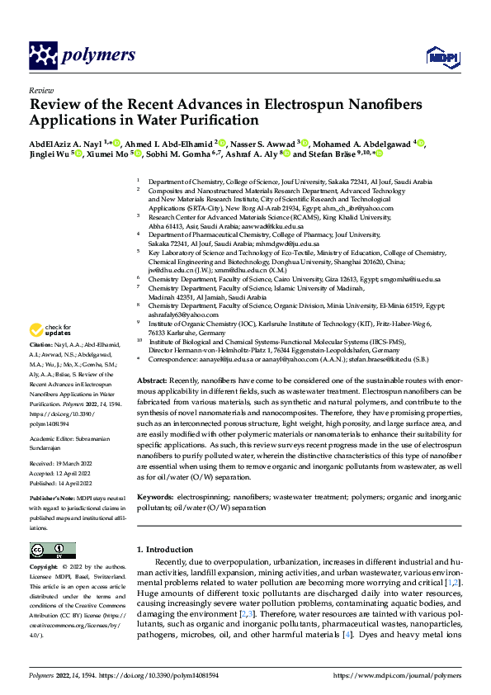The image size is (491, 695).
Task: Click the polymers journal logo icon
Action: [x=40, y=56]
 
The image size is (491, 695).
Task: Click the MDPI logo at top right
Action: [x=441, y=55]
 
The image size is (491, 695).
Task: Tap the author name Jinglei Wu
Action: [x=49, y=154]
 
